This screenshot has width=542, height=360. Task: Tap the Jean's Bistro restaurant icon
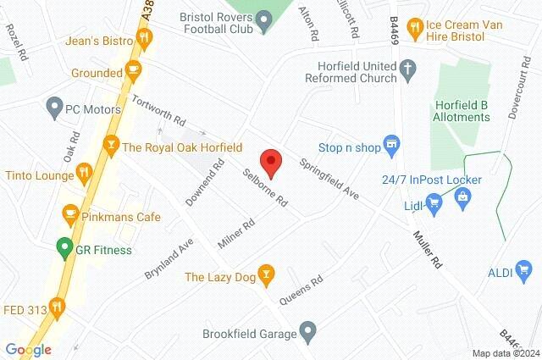tap(145, 36)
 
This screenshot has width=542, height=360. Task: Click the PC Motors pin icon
tap(55, 108)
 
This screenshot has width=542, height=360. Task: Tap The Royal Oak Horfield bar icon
tap(109, 147)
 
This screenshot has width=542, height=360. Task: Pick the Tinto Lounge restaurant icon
tap(83, 174)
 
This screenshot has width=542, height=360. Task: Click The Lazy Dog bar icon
tap(267, 274)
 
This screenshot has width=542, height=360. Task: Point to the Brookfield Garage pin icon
tap(307, 329)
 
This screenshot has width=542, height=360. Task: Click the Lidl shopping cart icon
tap(434, 202)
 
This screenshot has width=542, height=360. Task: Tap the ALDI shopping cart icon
tap(524, 272)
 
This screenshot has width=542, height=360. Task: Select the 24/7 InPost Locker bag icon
tap(462, 197)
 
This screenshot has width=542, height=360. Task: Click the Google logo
tap(29, 349)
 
